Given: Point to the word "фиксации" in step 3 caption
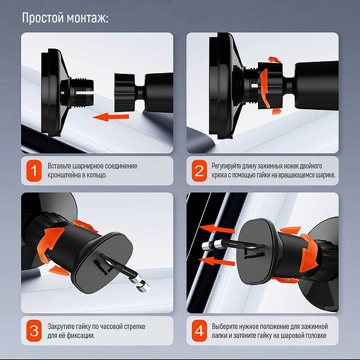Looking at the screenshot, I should (80, 335).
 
